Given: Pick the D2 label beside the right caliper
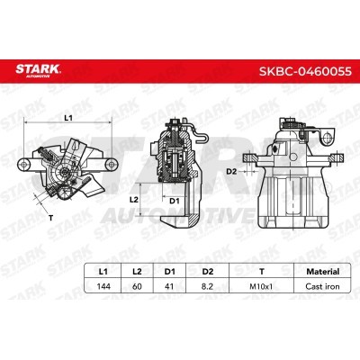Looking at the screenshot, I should click(231, 170).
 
